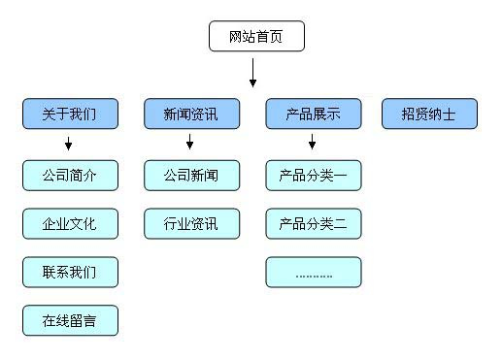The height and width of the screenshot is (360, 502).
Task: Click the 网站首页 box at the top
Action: coord(256,37)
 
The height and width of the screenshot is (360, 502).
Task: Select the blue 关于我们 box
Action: coord(70,115)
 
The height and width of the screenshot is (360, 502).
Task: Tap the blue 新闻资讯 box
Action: coord(191,115)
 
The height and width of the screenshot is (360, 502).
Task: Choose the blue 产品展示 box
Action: coord(313,115)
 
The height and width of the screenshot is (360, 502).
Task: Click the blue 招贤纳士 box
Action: coord(429,115)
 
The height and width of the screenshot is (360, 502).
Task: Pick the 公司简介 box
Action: coord(70,176)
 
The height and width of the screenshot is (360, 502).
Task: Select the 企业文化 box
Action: coord(70,224)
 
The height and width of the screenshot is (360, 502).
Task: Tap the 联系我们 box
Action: coord(70,272)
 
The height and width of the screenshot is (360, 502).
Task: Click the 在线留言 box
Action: coord(70,320)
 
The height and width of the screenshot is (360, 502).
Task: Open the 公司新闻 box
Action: coord(191,176)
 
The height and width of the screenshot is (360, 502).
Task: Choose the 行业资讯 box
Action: coord(191,224)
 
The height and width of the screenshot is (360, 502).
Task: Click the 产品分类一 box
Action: coord(313,176)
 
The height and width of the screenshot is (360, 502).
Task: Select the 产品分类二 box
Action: coord(313,224)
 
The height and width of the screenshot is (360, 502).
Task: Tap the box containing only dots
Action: coord(313,272)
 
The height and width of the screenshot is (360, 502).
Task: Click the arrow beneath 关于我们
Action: coord(69,145)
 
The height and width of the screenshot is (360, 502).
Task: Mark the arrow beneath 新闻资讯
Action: coord(190,145)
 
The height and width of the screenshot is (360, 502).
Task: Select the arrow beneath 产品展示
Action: coord(312,145)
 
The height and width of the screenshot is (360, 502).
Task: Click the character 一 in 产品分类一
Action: coord(340,176)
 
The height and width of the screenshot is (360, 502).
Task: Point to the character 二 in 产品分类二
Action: coord(340,224)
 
